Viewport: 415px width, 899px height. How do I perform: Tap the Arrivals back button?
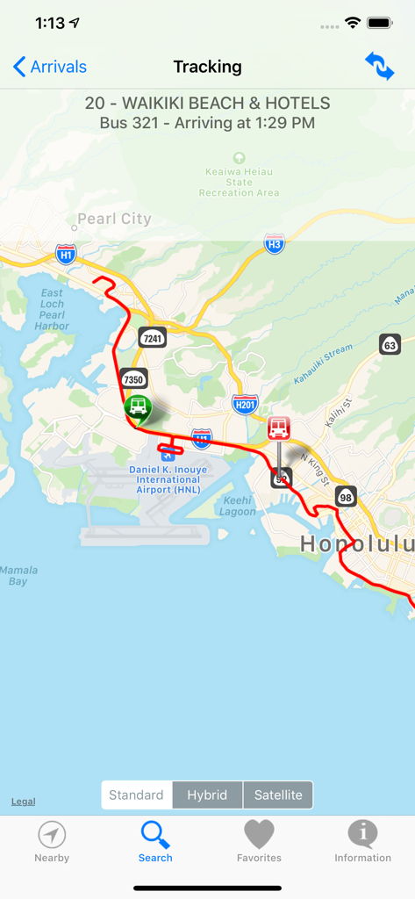50,67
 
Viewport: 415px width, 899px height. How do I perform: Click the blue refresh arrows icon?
380,67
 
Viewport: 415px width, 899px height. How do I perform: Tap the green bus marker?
137,406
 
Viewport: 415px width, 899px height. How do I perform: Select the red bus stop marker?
279,428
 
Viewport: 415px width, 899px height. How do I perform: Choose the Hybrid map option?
207,795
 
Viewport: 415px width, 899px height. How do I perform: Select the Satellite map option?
278,795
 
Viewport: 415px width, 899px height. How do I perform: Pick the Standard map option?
137,795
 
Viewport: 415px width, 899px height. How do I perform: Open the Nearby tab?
52,842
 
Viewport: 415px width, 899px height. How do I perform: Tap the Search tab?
155,842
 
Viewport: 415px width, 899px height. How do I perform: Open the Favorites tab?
259,842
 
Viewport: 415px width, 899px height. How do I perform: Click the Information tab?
362,842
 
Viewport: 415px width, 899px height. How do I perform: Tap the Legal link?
24,802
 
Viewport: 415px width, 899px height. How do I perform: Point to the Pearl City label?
114,219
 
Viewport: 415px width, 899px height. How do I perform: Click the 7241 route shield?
153,338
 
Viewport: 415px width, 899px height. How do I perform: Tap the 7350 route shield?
133,379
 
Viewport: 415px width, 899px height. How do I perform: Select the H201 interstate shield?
245,404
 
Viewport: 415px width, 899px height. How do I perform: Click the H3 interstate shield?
275,245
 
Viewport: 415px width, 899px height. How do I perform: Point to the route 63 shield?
390,345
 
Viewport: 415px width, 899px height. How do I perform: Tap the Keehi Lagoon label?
238,507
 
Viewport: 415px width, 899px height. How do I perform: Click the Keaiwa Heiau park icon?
239,158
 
